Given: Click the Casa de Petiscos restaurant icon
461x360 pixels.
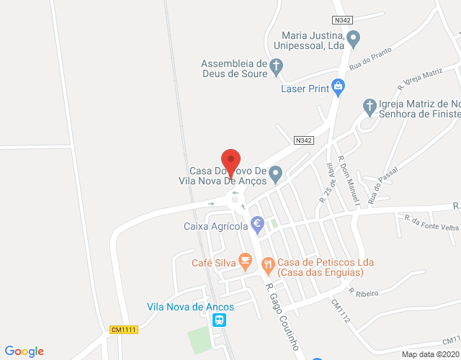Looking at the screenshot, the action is click(268, 264).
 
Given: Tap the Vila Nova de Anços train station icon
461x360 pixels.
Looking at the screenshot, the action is click(219, 320).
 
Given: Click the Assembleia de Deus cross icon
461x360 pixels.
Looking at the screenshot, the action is click(275, 68).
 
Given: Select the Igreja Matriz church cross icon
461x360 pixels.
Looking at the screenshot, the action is click(369, 107).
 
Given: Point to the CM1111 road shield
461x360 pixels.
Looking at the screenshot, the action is click(123, 329).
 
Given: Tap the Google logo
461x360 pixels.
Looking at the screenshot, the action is click(23, 351).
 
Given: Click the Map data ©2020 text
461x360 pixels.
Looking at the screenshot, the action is click(429, 354).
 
